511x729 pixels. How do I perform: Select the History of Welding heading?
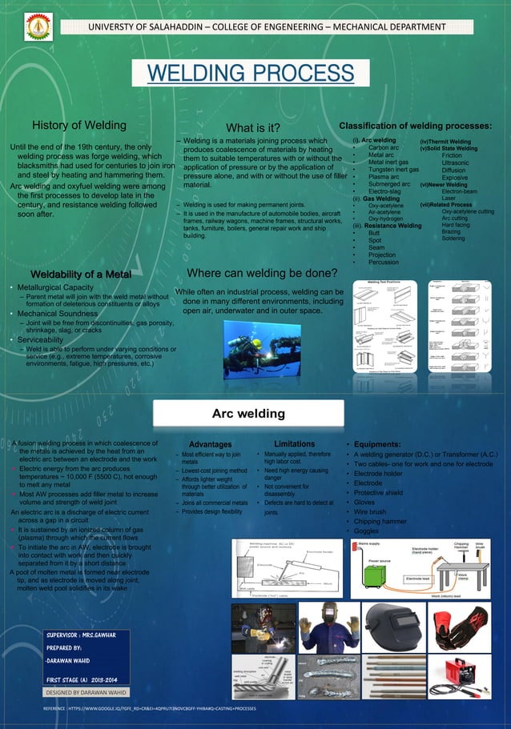coord(78,125)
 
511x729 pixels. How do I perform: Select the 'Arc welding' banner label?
coord(247,414)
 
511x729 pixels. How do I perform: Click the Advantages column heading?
coord(211,443)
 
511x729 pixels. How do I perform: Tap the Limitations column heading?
coord(294,443)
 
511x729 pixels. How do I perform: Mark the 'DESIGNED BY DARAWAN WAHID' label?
coord(87,692)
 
